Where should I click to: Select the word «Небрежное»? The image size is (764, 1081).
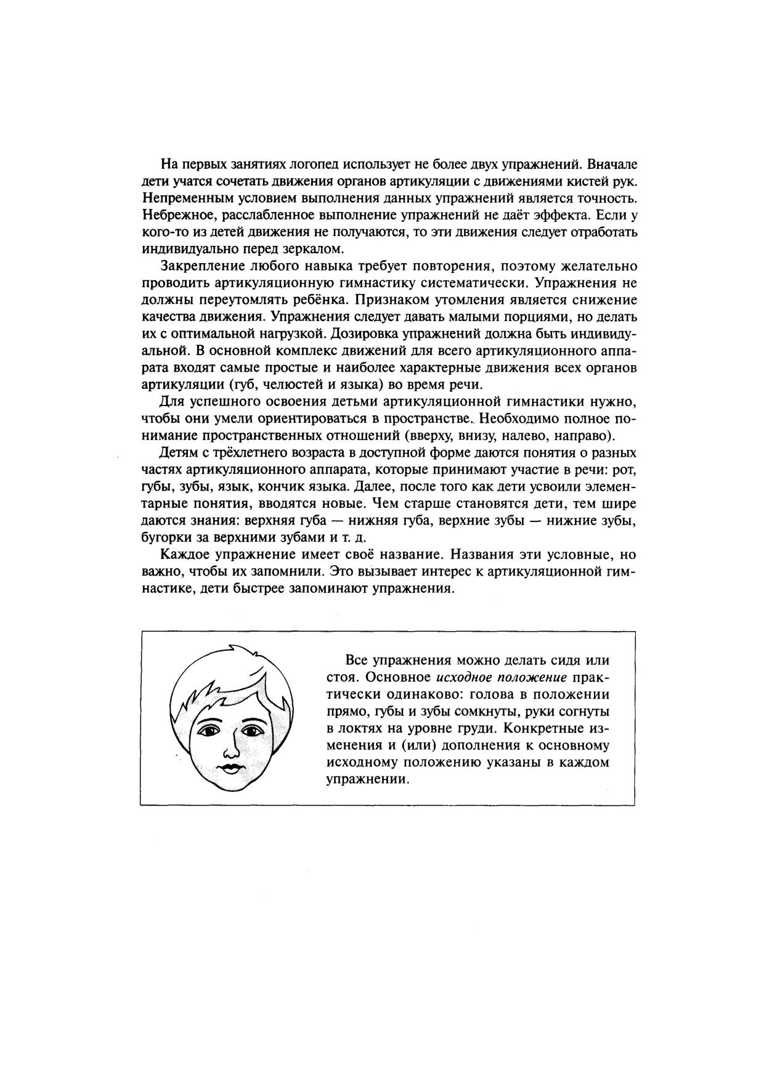(173, 216)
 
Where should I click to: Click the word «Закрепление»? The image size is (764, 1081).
(201, 266)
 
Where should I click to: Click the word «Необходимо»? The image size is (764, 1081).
(521, 418)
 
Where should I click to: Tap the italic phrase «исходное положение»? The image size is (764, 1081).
(501, 677)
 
